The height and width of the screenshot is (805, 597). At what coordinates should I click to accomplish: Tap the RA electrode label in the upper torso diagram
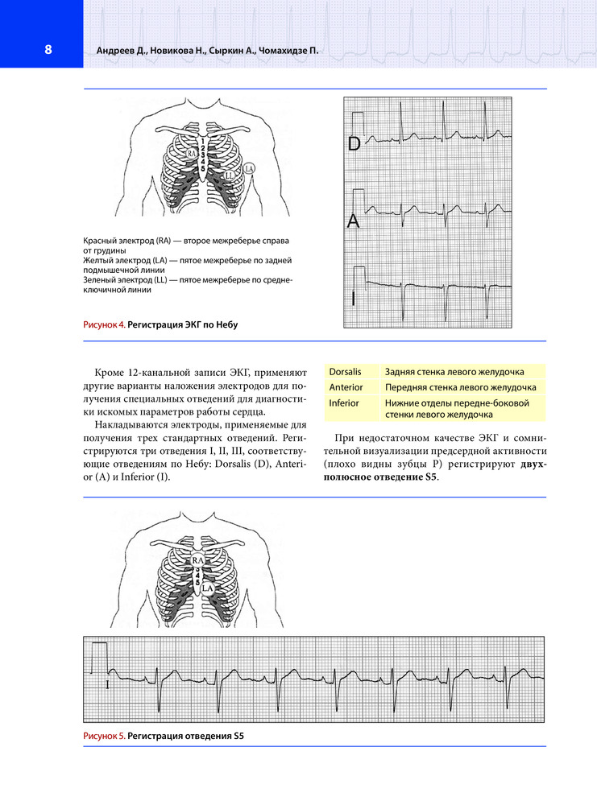(192, 152)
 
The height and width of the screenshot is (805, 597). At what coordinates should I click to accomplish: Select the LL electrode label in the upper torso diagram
(230, 175)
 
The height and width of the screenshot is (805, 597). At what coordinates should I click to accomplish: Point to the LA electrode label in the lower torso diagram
(208, 589)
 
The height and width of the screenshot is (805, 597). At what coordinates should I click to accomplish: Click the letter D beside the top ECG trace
(354, 144)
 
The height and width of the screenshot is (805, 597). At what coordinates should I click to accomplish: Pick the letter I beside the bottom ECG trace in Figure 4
(353, 299)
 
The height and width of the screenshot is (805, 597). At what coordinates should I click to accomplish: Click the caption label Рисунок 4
(103, 325)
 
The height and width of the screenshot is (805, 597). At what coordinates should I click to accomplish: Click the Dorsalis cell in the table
(345, 371)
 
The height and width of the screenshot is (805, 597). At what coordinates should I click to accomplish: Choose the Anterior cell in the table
(346, 386)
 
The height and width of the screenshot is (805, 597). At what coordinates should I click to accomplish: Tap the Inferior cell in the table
(344, 402)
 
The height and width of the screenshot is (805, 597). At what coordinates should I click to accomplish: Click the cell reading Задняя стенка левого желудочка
(454, 371)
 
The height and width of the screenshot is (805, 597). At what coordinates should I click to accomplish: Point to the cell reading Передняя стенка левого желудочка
(460, 386)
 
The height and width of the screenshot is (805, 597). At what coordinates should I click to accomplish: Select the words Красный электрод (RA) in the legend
(127, 242)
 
